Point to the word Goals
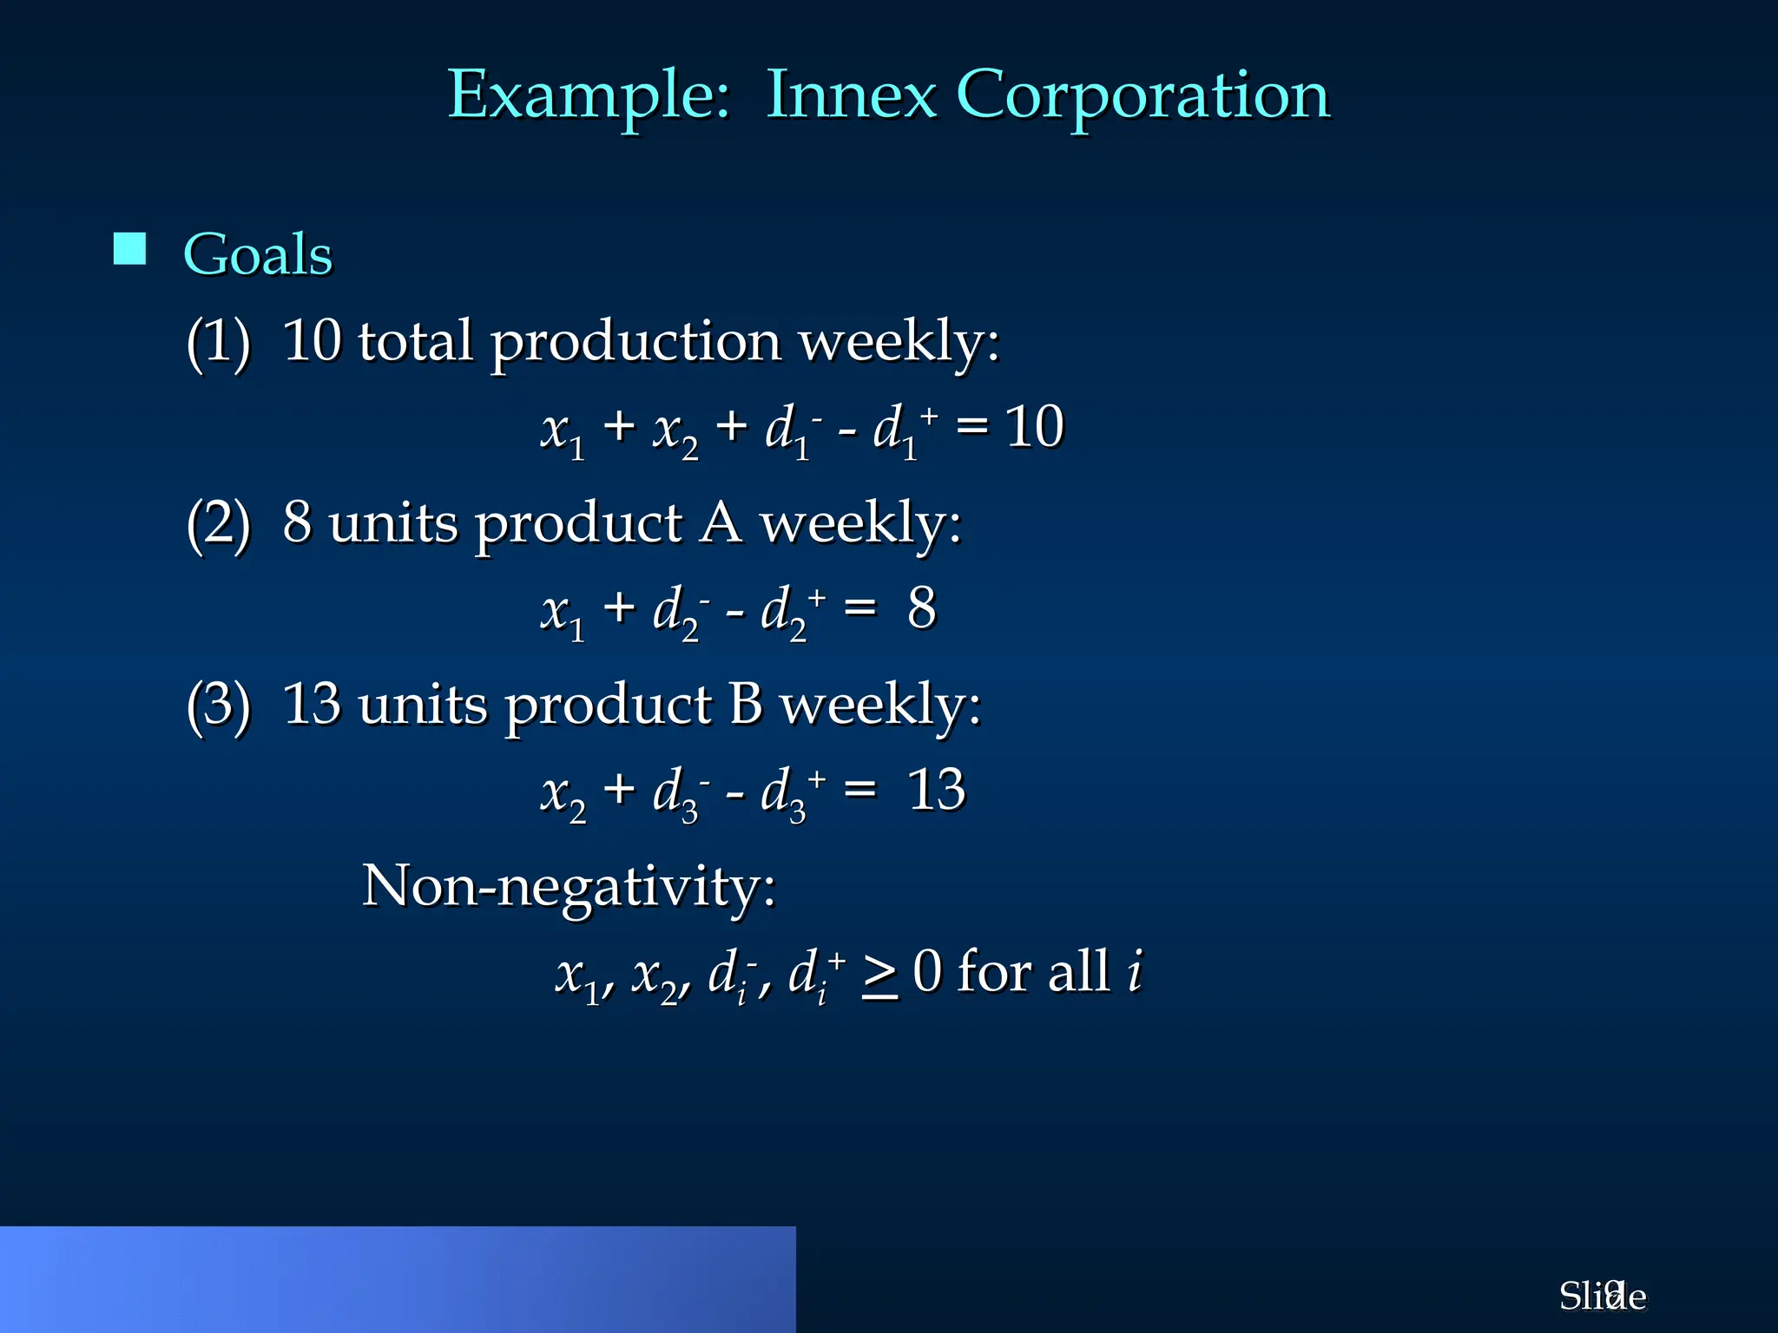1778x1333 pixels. click(258, 254)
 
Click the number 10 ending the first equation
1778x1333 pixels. click(1034, 427)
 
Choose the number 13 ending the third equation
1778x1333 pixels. click(936, 790)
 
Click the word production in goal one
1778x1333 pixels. click(636, 343)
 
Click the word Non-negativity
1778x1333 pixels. click(569, 887)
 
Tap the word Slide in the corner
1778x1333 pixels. click(1602, 1297)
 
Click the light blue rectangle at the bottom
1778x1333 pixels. click(398, 1279)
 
